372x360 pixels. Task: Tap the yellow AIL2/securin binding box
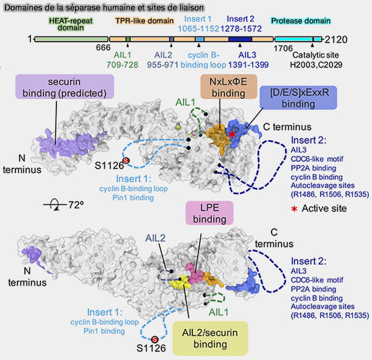pyautogui.click(x=209, y=336)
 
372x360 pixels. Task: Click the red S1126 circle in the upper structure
pyautogui.click(x=126, y=161)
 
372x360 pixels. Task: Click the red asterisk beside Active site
pyautogui.click(x=293, y=208)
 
